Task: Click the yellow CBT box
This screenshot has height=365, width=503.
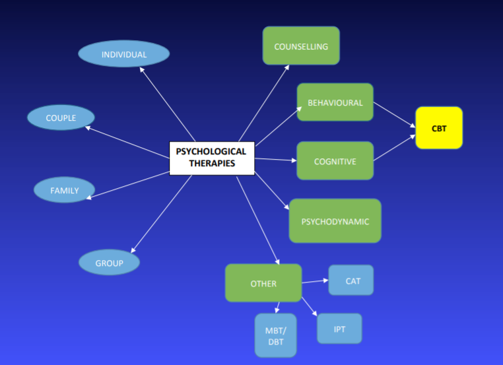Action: (x=439, y=128)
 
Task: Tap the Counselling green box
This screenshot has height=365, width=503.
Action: (x=301, y=46)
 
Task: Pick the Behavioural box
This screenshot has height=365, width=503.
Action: (x=335, y=102)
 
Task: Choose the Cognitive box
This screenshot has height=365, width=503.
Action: (x=335, y=161)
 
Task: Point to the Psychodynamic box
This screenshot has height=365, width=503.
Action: (x=335, y=221)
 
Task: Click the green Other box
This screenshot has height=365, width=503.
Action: (x=263, y=283)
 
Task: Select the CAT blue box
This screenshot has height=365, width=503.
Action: (x=351, y=281)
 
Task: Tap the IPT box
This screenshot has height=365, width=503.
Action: (x=339, y=328)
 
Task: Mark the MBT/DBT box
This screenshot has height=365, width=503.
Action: (x=276, y=335)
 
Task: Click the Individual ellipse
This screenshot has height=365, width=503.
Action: (x=123, y=54)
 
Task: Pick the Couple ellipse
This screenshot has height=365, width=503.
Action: (x=61, y=118)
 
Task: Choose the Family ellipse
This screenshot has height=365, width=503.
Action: (x=64, y=191)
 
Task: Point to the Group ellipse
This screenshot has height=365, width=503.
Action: (x=109, y=263)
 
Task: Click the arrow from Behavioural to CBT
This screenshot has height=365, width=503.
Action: (x=395, y=114)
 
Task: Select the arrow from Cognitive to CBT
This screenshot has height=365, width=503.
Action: (x=395, y=149)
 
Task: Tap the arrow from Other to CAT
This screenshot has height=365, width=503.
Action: (x=315, y=281)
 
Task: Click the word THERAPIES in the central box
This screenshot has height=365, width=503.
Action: (x=211, y=164)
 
